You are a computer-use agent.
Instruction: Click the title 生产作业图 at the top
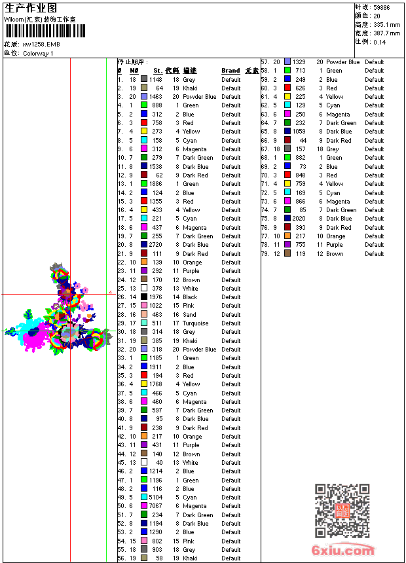(30, 8)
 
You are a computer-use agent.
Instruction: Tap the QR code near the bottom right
(342, 510)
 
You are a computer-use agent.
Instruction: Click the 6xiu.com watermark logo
(343, 551)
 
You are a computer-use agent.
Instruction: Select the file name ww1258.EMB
(41, 45)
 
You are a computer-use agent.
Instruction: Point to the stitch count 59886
(381, 7)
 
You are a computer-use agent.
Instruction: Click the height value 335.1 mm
(387, 24)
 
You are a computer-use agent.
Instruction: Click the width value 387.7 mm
(387, 33)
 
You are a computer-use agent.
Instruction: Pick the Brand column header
(231, 71)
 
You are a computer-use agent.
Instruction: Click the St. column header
(158, 71)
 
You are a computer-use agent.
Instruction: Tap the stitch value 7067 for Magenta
(155, 506)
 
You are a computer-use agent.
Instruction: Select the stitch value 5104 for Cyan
(155, 498)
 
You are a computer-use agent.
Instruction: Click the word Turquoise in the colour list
(196, 323)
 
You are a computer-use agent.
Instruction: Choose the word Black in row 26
(190, 297)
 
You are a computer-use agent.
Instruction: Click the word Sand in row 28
(189, 315)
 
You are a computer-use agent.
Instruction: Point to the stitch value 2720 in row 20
(155, 245)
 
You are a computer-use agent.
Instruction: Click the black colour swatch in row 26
(144, 297)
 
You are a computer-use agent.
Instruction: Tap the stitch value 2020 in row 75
(299, 219)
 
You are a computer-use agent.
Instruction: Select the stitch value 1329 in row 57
(299, 62)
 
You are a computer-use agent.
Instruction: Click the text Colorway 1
(39, 53)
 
